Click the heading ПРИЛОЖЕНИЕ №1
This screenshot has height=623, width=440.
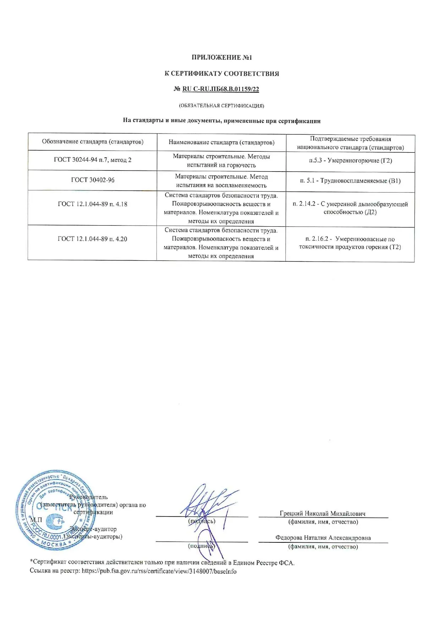pyautogui.click(x=221, y=58)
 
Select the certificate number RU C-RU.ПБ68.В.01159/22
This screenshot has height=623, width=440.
pyautogui.click(x=220, y=89)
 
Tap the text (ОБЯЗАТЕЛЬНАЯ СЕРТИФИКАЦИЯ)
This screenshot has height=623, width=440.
pyautogui.click(x=221, y=105)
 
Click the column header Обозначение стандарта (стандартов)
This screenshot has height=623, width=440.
pyautogui.click(x=93, y=142)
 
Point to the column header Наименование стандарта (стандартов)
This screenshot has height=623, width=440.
pyautogui.click(x=221, y=142)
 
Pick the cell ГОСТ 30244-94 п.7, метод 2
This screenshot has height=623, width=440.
pyautogui.click(x=93, y=160)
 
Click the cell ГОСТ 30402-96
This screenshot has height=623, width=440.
pyautogui.click(x=93, y=180)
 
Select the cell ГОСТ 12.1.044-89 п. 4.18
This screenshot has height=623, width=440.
pyautogui.click(x=93, y=204)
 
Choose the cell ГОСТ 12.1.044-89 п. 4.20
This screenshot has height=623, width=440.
pyautogui.click(x=93, y=239)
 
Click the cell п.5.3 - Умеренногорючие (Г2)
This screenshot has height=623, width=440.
pyautogui.click(x=350, y=161)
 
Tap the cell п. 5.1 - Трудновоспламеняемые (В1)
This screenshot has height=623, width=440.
pyautogui.click(x=350, y=181)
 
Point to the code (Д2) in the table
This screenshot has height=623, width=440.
pyautogui.click(x=370, y=212)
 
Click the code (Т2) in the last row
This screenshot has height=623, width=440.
pyautogui.click(x=395, y=247)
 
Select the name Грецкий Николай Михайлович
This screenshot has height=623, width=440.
pyautogui.click(x=323, y=514)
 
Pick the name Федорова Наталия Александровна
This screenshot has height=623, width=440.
pyautogui.click(x=323, y=538)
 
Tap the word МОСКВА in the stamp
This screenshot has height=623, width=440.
pyautogui.click(x=54, y=544)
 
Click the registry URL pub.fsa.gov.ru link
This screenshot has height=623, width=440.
pyautogui.click(x=159, y=571)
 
